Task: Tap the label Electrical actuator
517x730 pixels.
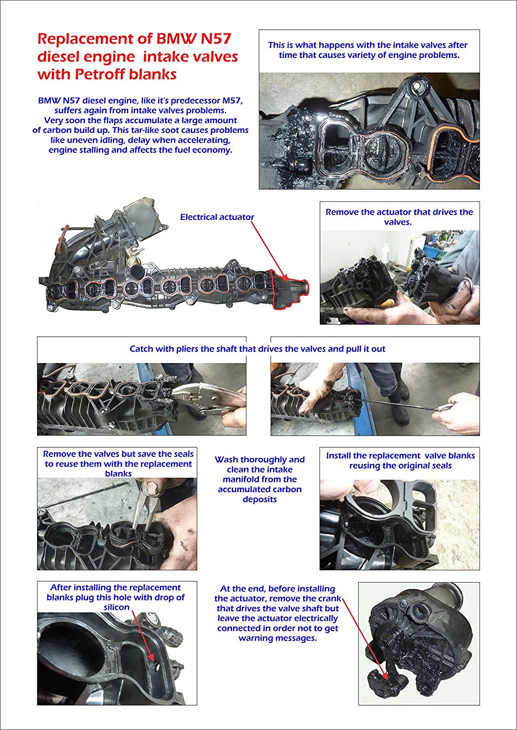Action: (x=217, y=217)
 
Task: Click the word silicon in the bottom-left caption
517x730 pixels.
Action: (x=117, y=607)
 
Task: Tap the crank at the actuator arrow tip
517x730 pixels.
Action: (x=388, y=677)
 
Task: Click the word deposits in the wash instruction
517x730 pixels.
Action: (x=260, y=500)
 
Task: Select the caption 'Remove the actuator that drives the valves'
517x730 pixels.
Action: (x=399, y=217)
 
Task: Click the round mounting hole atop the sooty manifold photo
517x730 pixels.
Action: (x=417, y=86)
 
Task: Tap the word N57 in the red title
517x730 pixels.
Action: (x=216, y=39)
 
